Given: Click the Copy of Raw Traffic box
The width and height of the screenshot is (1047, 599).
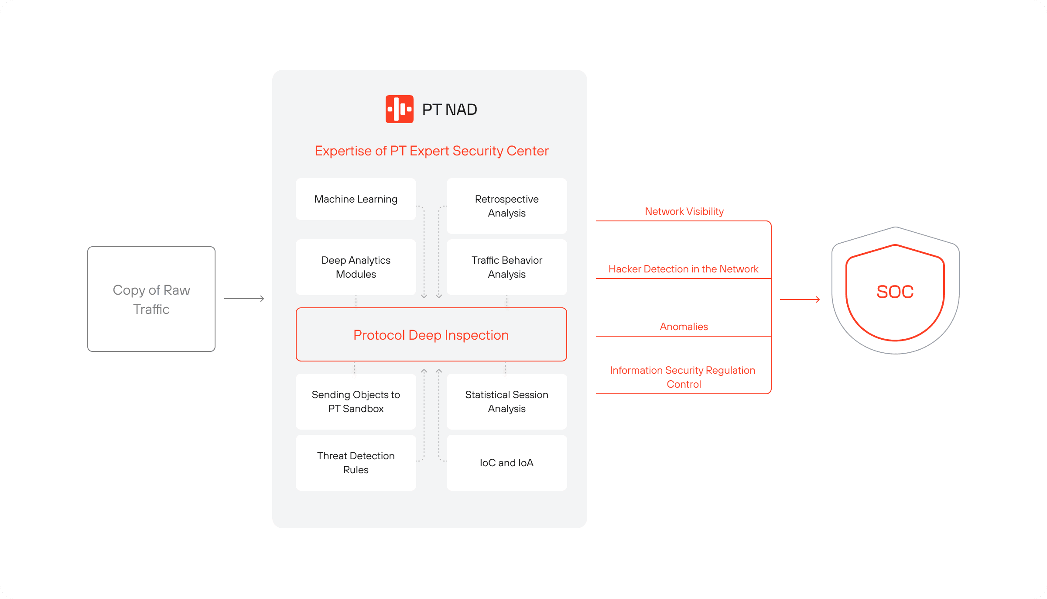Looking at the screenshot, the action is click(x=151, y=299).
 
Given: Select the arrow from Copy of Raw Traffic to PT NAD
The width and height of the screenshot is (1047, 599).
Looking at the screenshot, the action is click(x=244, y=299).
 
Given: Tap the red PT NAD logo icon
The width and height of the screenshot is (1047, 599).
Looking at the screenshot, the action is click(x=399, y=109).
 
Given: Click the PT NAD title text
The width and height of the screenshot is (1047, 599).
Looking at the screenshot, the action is click(x=450, y=109).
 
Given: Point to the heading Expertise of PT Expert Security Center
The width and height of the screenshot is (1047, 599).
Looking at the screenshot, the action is click(x=432, y=151).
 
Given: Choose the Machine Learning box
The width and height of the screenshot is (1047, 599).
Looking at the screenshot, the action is click(x=356, y=199).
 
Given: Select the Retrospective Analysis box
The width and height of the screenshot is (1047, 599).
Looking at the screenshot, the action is click(x=507, y=206).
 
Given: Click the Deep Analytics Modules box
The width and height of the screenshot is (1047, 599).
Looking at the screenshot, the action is click(x=356, y=267).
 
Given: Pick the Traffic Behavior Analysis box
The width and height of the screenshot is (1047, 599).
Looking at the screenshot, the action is click(x=507, y=267).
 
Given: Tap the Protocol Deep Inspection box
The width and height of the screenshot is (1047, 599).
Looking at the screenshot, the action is click(x=431, y=334).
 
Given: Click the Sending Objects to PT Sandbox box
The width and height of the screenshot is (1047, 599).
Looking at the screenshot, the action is click(x=356, y=402).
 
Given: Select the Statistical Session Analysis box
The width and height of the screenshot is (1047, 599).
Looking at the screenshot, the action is click(x=507, y=402).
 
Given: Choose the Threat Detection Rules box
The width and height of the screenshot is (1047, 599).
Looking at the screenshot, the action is click(x=356, y=463).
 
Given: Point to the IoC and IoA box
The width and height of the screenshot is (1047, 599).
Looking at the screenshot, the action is click(x=507, y=463).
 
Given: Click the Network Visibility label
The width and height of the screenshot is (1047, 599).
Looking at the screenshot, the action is click(x=684, y=211).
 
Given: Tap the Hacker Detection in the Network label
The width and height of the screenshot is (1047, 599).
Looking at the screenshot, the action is click(x=684, y=269).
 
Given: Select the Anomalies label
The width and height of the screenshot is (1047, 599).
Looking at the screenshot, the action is click(x=684, y=327).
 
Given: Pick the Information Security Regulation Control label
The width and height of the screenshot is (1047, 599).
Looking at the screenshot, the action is click(x=683, y=377).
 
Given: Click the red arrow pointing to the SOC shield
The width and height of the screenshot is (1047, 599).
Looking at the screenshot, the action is click(x=800, y=299).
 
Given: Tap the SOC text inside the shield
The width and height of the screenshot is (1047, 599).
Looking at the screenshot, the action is click(x=895, y=292).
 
